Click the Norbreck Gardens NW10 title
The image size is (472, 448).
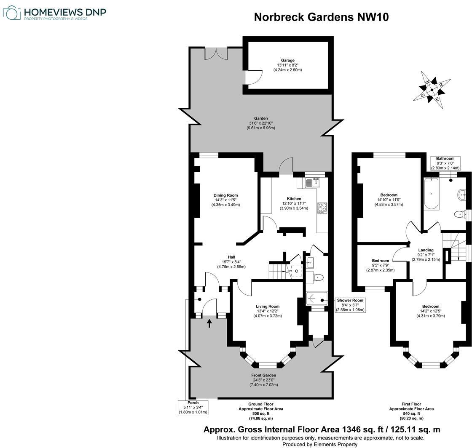(x=321, y=17)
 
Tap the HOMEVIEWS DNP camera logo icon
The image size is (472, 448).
(x=11, y=13)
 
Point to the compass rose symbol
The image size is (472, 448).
(x=432, y=89)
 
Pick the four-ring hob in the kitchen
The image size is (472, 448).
(x=322, y=208)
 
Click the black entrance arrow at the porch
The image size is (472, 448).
(x=210, y=323)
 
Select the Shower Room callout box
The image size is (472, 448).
(x=350, y=305)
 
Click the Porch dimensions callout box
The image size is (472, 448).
(x=193, y=407)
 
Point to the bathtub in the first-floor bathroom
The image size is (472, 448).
(x=432, y=194)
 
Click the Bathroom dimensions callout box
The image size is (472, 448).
(x=445, y=163)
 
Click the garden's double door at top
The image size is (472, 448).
(x=216, y=53)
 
